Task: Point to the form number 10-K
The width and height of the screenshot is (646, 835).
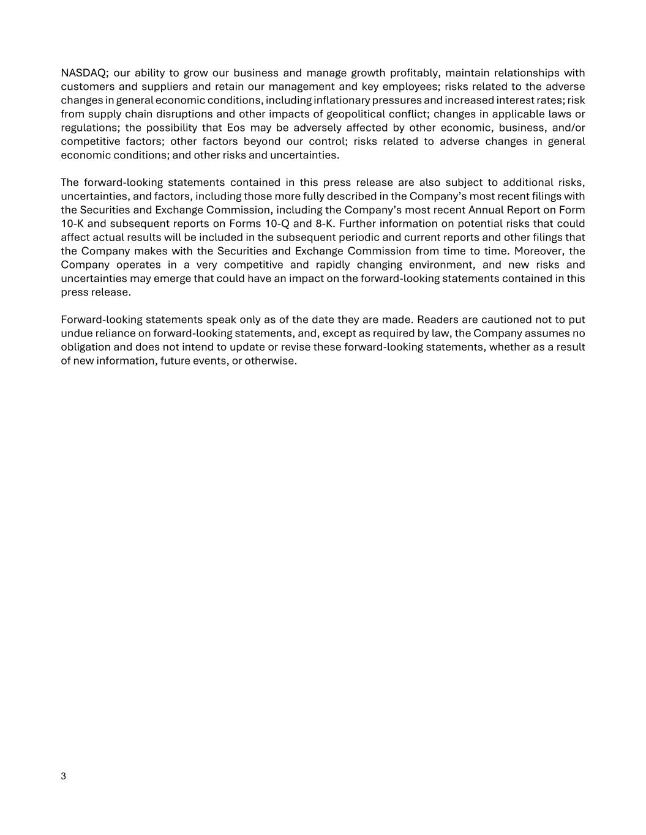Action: tap(72, 224)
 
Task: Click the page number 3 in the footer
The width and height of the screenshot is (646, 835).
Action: tap(64, 777)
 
